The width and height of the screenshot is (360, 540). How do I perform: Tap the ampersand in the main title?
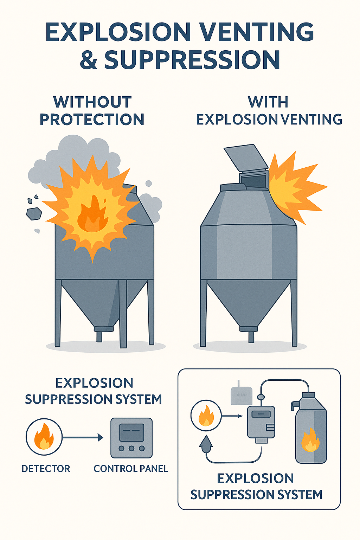(x=89, y=60)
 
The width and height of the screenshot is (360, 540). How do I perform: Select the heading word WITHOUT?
(x=92, y=102)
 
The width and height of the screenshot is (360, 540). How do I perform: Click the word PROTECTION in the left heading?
(x=92, y=120)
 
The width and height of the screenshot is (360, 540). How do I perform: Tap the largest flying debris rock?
(x=34, y=213)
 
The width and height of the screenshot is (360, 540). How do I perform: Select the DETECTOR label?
(x=46, y=469)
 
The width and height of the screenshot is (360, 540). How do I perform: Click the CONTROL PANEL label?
(x=131, y=469)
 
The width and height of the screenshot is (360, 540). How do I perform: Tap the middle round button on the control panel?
(x=131, y=448)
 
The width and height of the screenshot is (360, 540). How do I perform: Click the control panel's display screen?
(x=132, y=432)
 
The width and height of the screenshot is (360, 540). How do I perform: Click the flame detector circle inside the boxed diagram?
(x=206, y=416)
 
